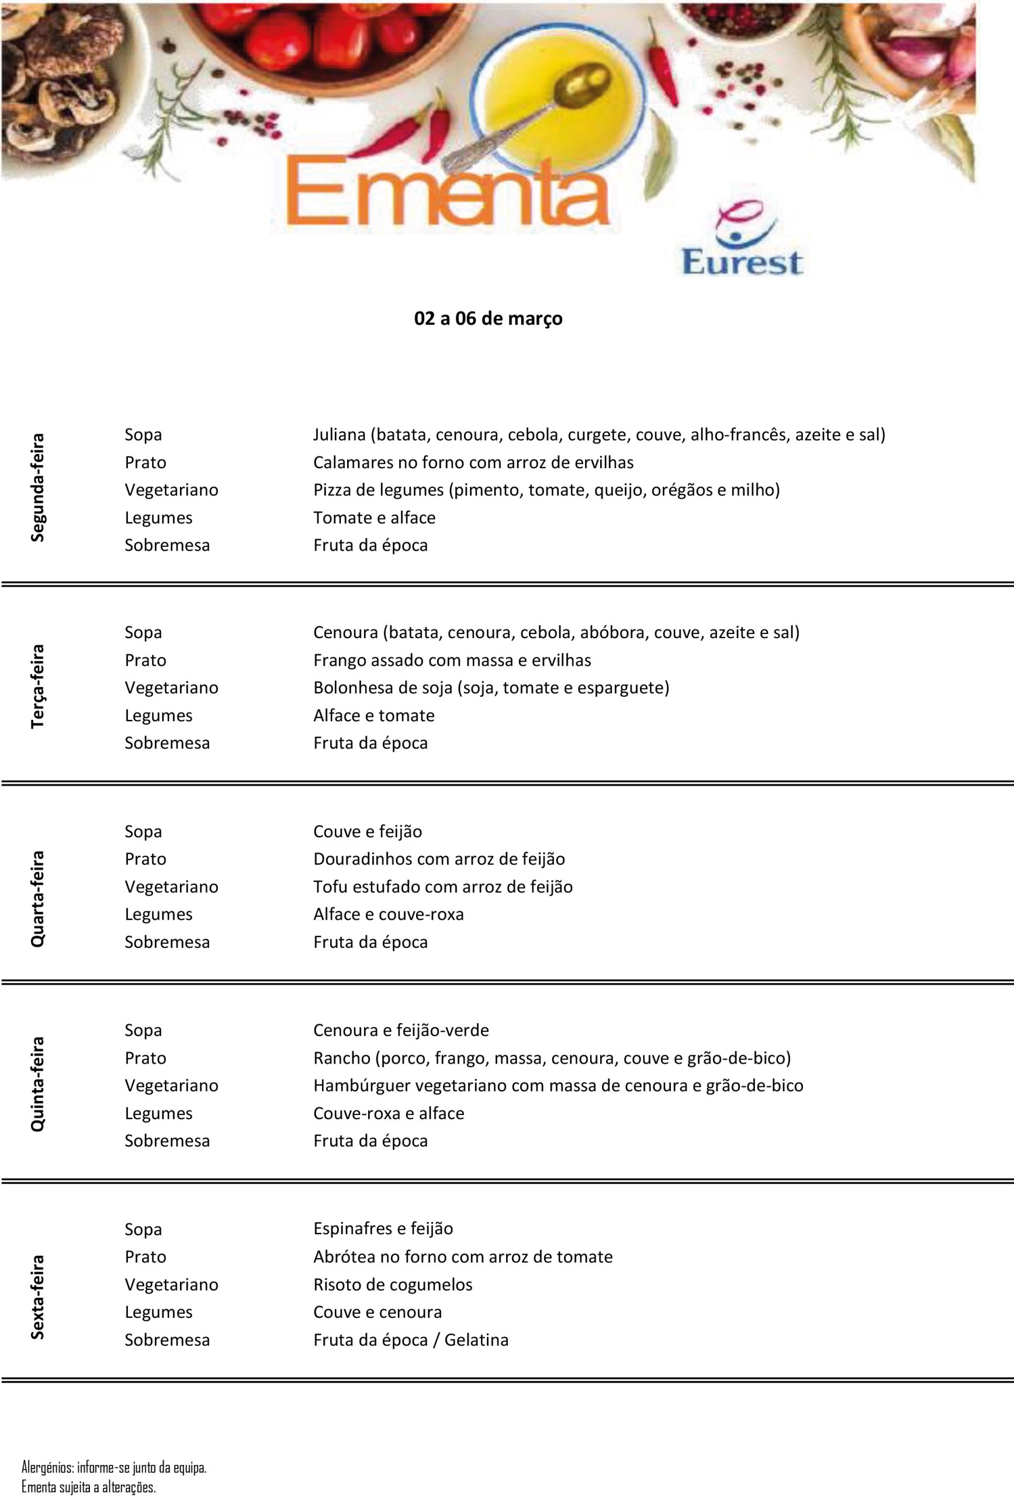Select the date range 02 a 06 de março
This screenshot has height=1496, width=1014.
click(488, 318)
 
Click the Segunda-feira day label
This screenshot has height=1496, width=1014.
click(37, 487)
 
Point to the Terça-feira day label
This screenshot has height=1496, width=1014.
click(37, 686)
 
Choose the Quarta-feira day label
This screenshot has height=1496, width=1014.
click(37, 899)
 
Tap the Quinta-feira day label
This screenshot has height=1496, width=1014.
click(37, 1084)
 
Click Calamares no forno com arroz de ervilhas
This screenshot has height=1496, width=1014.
click(473, 462)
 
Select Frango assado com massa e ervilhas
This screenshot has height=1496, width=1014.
click(452, 660)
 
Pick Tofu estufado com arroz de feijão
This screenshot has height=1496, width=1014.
click(443, 886)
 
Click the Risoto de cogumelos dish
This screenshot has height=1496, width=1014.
click(393, 1284)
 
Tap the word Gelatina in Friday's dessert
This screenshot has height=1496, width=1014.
click(476, 1339)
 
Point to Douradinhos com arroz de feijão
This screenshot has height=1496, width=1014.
click(439, 858)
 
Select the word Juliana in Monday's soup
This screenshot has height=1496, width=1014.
click(340, 435)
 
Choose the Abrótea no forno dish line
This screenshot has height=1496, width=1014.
click(463, 1256)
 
